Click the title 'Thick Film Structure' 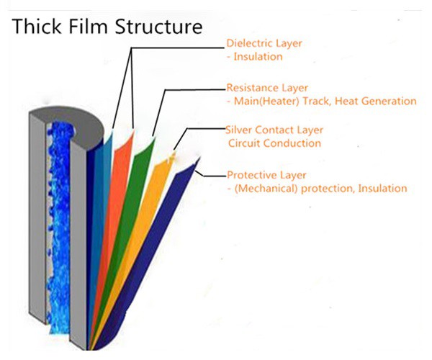106,27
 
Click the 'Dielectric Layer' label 264,43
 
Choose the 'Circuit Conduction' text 274,143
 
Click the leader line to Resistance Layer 194,89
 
